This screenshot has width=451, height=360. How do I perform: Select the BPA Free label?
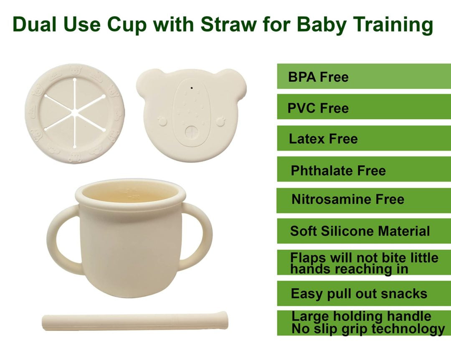click(x=318, y=77)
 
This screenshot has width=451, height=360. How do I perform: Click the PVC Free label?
click(x=318, y=108)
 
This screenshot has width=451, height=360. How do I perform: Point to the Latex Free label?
click(x=323, y=139)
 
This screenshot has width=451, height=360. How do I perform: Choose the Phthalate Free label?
click(x=338, y=171)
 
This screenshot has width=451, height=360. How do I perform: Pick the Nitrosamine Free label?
click(x=348, y=199)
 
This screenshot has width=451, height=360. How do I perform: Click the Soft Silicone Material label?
click(x=360, y=231)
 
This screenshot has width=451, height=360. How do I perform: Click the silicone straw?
click(x=135, y=320)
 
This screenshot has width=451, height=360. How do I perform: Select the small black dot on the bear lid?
click(x=192, y=88)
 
